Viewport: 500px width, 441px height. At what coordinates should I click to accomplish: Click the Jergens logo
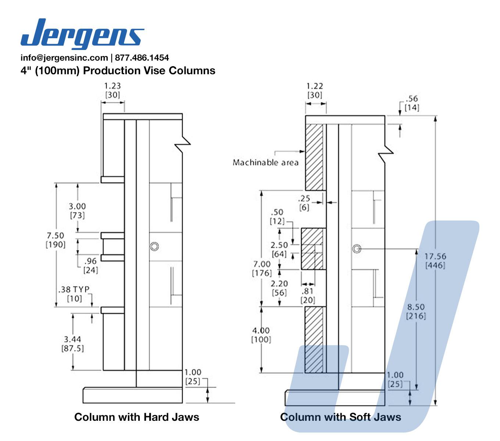tap(82, 33)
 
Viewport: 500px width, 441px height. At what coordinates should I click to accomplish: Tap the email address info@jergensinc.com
tap(64, 58)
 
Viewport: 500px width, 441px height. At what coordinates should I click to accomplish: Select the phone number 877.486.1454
tap(142, 58)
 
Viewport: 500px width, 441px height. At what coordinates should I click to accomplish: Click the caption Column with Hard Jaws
tap(136, 417)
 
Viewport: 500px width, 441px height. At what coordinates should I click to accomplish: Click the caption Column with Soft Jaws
tap(340, 417)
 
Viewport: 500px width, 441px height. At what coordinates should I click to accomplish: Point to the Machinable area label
tap(265, 162)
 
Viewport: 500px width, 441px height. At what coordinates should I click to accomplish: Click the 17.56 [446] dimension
tap(435, 261)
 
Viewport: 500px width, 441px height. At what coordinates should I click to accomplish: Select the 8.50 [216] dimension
tap(416, 311)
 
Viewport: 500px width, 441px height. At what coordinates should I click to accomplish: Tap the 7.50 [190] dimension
tap(56, 240)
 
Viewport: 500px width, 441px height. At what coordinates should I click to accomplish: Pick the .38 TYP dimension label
tap(74, 294)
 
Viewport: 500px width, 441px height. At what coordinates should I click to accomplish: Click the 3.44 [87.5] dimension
tap(72, 344)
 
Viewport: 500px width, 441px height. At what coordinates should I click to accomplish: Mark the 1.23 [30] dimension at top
tap(113, 90)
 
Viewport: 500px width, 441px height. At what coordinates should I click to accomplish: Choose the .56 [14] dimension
tap(412, 103)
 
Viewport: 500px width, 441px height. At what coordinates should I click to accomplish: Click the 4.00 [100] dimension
tap(261, 335)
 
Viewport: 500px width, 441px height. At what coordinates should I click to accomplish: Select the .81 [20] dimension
tap(308, 295)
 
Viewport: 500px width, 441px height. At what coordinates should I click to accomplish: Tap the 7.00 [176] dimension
tap(262, 268)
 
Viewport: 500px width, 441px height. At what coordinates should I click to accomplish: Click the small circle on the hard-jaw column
tap(154, 246)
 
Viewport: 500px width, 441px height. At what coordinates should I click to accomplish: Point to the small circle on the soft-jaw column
tap(356, 249)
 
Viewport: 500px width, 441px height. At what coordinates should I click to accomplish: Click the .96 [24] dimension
tap(90, 265)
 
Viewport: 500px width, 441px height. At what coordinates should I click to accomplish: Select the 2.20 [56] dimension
tap(279, 288)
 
